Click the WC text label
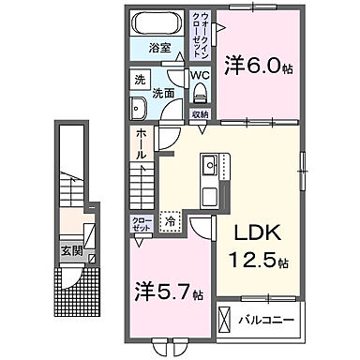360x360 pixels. click(x=200, y=75)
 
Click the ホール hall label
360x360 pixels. click(x=138, y=145)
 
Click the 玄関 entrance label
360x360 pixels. click(x=73, y=251)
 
